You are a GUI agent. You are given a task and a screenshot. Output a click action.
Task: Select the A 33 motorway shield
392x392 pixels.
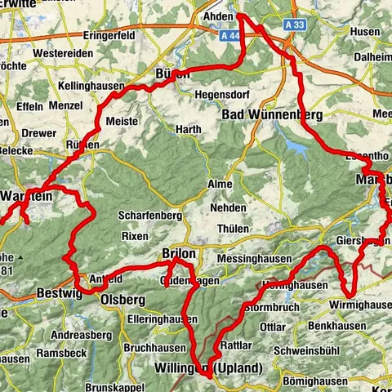coord(299,25)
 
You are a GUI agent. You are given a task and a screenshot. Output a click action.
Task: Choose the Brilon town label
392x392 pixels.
coord(179,254)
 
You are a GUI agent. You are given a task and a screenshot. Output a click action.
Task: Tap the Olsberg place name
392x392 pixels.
coord(122,300)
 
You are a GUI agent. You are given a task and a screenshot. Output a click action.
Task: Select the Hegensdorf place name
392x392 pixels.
coord(222,95)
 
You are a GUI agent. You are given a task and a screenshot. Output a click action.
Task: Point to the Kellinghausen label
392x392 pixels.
coord(92,86)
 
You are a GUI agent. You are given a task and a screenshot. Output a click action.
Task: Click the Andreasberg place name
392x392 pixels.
coord(80,335)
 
